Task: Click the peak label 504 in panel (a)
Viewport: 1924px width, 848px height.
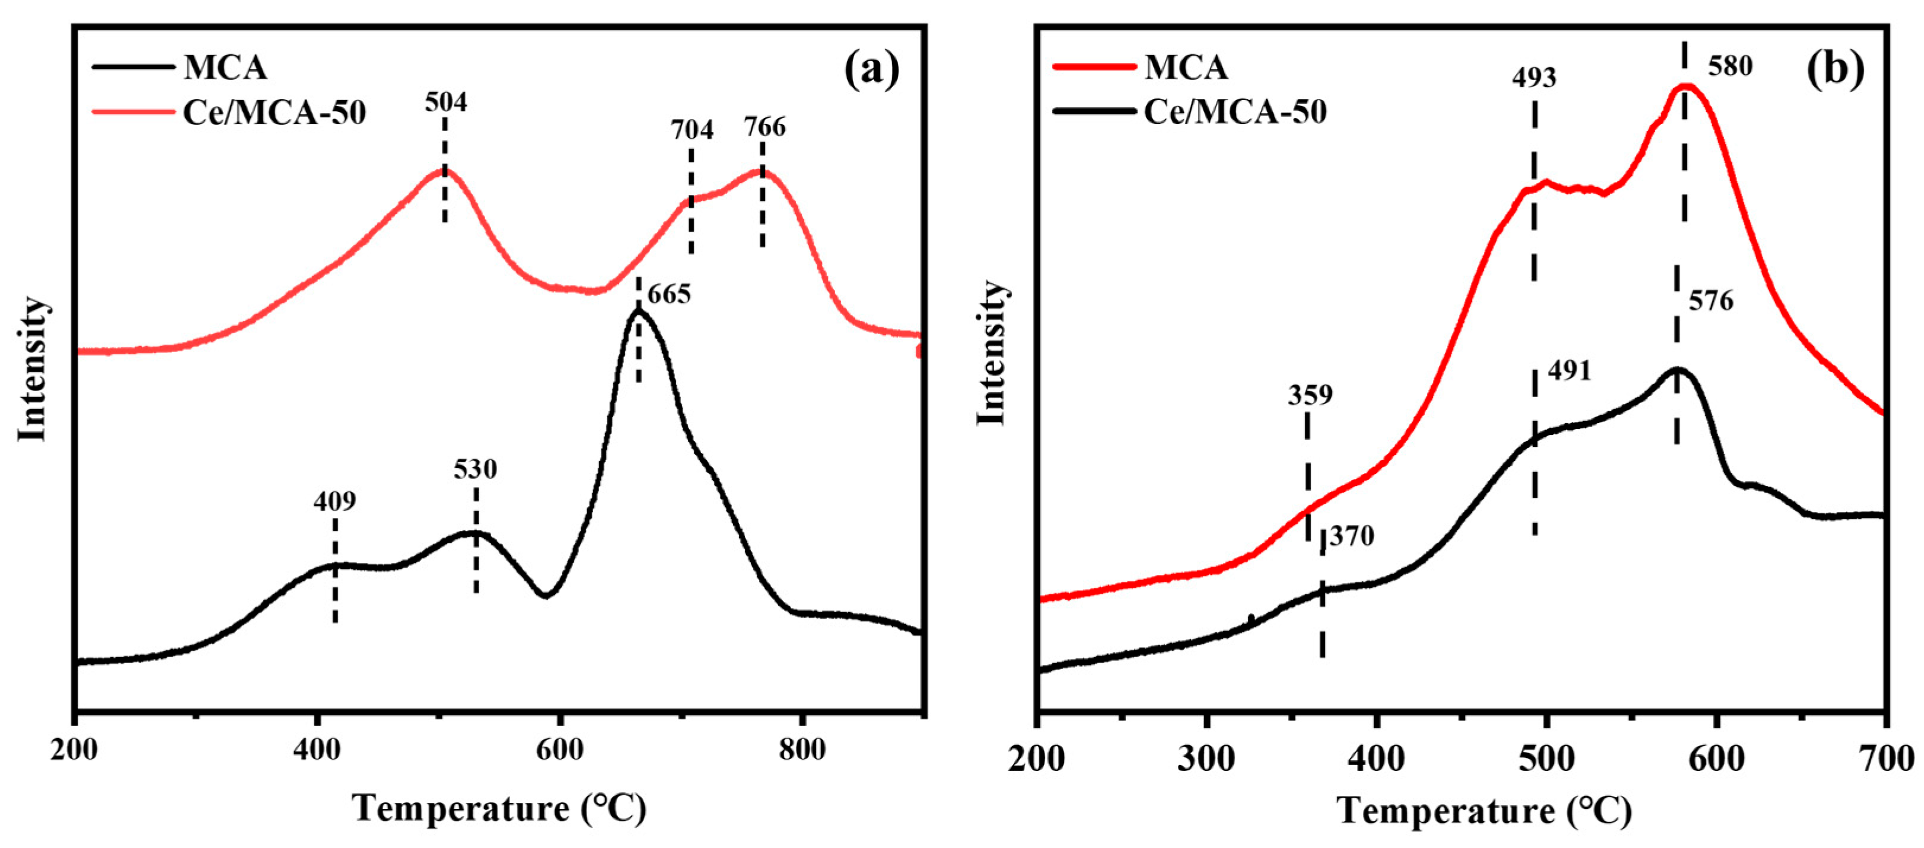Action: pos(446,103)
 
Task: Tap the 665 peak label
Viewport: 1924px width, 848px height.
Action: pos(668,295)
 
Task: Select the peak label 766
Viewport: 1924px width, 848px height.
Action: pos(765,127)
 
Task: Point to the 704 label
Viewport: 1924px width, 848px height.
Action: pos(692,130)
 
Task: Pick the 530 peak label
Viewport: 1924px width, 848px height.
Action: pos(475,469)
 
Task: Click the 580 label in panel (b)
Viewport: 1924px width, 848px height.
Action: pos(1730,67)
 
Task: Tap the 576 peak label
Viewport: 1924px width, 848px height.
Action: pos(1711,302)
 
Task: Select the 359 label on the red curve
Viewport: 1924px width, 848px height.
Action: pos(1310,395)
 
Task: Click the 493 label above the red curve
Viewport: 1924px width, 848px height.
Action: pos(1534,78)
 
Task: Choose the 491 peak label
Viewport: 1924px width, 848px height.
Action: pos(1569,371)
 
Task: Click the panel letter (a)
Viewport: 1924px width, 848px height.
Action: pos(872,69)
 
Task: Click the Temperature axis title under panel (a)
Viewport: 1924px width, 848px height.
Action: pos(499,809)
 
